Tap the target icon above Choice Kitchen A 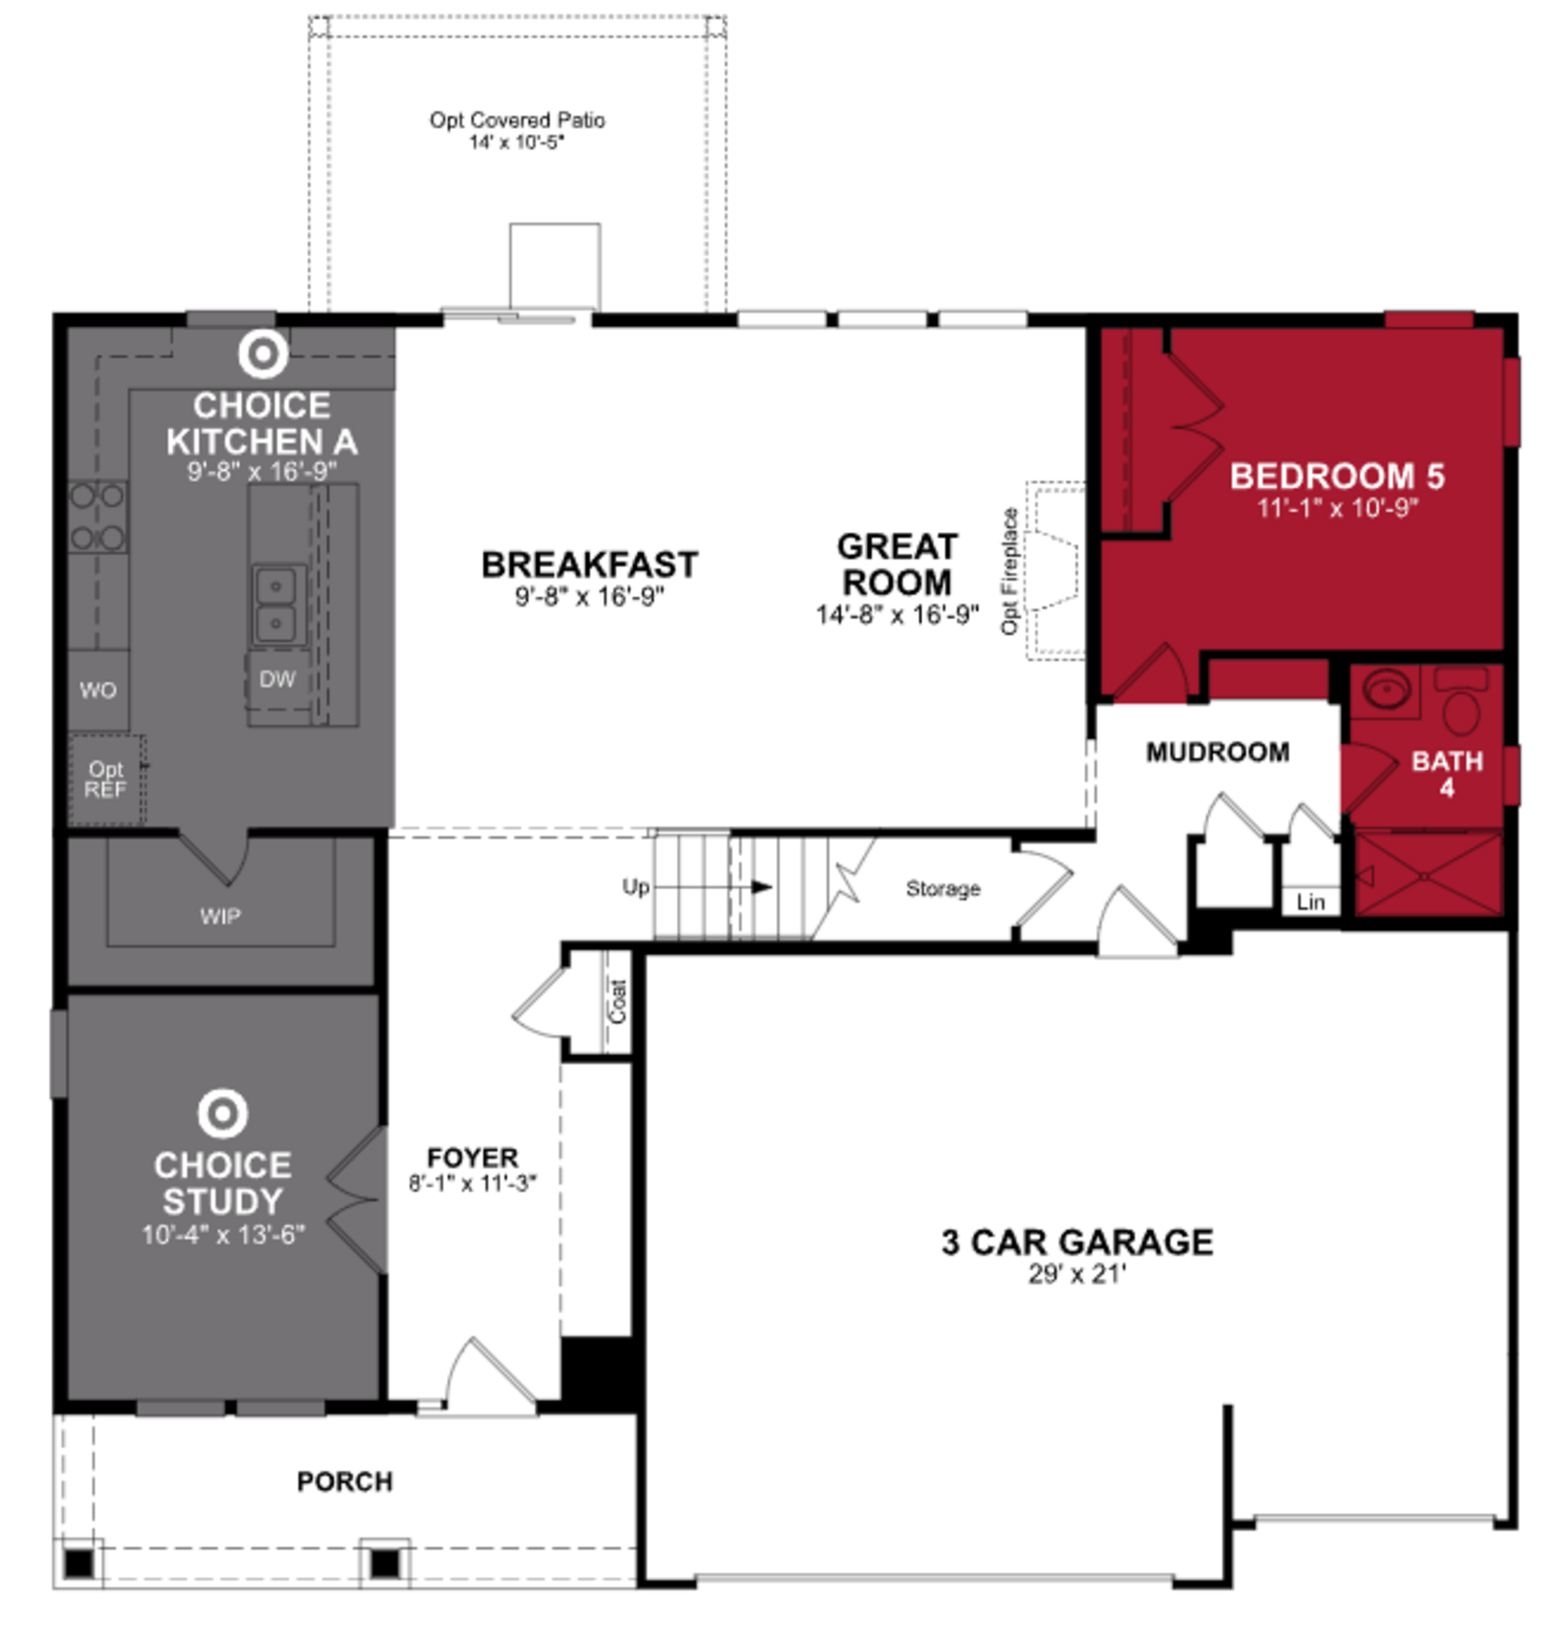263,353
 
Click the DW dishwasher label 277,679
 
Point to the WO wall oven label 97,690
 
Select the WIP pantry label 220,916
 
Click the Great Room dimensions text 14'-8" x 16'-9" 896,615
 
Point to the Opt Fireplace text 1009,571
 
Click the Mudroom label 1217,752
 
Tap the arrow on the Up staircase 761,887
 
